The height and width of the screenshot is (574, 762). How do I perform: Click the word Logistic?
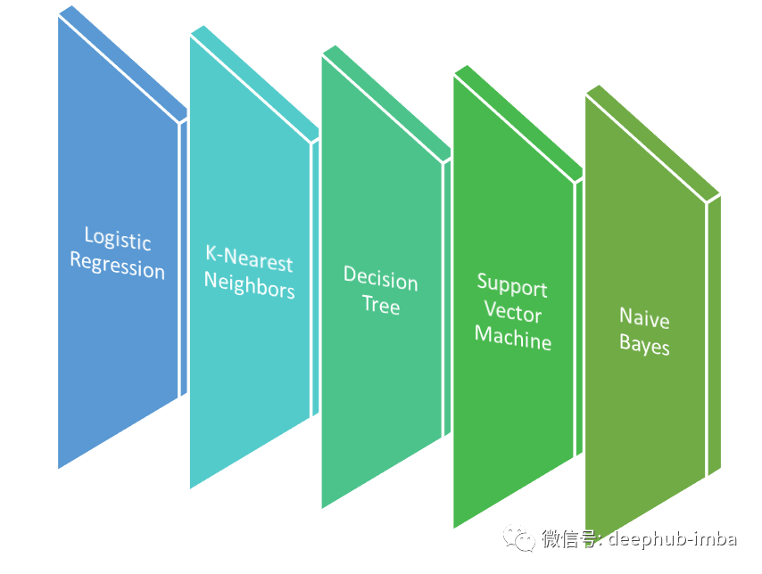click(118, 240)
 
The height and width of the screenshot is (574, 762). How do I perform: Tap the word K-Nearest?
click(249, 261)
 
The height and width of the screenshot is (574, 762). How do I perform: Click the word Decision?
click(381, 281)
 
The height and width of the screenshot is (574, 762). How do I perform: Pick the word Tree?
click(381, 306)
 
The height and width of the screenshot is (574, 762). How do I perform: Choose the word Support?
click(512, 287)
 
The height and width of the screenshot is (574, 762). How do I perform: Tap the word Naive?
click(644, 318)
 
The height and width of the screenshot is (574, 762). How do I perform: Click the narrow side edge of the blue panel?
click(184, 258)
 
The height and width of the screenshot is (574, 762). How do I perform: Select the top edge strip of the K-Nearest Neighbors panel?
click(254, 80)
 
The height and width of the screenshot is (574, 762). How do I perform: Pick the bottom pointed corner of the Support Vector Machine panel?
click(455, 526)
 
